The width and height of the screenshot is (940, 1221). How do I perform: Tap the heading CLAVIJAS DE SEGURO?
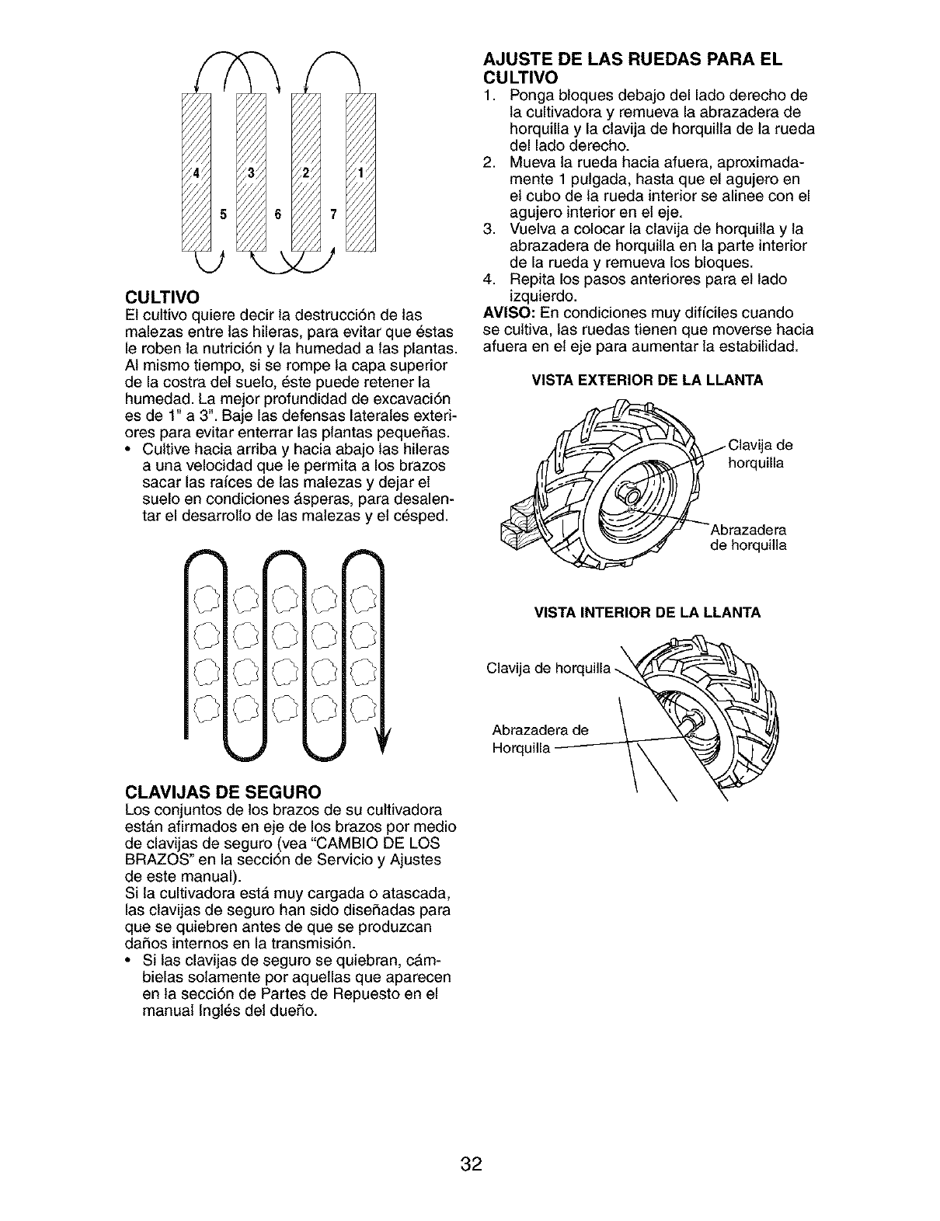coord(223,792)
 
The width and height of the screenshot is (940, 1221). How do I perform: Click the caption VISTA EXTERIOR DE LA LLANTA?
coord(647,380)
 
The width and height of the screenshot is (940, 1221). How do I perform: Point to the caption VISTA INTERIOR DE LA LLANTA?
coord(647,613)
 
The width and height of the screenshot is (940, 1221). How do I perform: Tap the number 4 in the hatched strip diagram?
coord(196,172)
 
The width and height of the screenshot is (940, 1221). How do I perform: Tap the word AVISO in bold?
coord(507,312)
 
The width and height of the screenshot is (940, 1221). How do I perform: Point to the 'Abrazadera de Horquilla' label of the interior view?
coord(540,739)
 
